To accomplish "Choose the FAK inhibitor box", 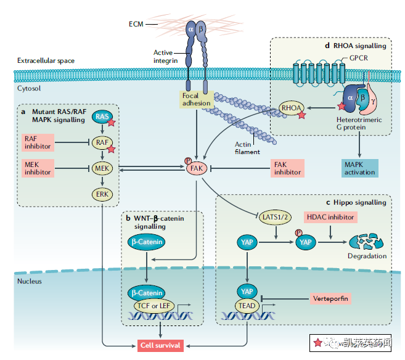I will point(287,167).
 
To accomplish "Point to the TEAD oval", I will point(247,305).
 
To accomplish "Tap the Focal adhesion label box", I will point(197,99).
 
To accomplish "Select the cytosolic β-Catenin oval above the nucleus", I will point(146,242).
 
